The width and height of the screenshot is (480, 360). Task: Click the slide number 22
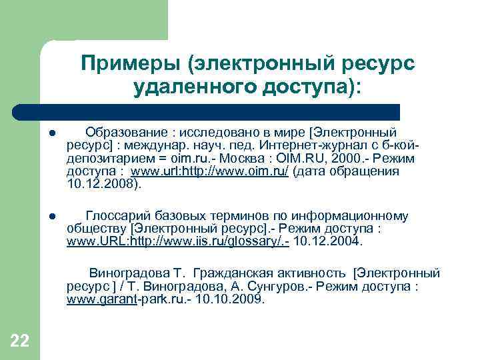[x=20, y=342]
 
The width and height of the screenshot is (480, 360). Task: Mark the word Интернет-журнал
[x=303, y=145]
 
